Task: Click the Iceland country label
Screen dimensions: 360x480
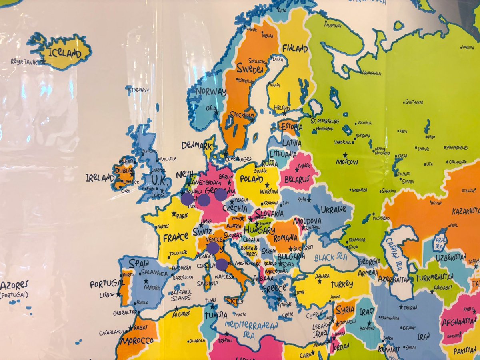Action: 64,52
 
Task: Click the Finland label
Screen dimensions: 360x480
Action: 295,48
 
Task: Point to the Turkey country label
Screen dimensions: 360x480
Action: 342,284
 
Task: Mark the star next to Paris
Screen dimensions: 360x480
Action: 174,214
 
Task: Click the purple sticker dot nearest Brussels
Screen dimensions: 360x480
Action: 187,199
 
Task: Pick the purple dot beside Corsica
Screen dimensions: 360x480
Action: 222,264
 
